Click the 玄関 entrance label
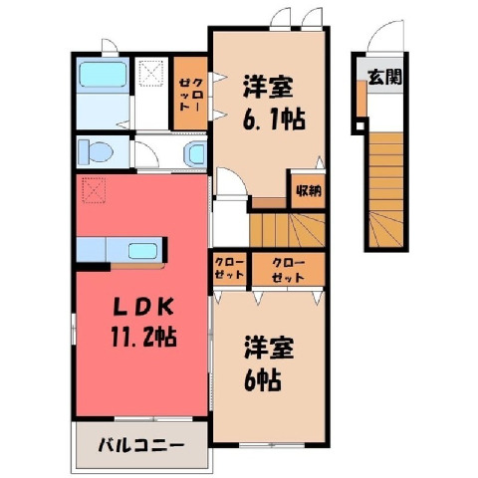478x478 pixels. tap(385, 77)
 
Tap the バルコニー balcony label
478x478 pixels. tap(140, 445)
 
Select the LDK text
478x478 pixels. tap(143, 308)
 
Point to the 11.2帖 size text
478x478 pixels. tap(143, 337)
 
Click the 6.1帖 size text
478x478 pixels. tap(274, 119)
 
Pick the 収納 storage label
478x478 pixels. tap(309, 191)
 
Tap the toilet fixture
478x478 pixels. tap(96, 152)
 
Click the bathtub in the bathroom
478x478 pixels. tap(103, 75)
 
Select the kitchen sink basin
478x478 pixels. tap(142, 251)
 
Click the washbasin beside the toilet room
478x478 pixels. tap(195, 153)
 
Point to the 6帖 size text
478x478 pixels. tap(262, 380)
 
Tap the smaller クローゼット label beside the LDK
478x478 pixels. tap(229, 269)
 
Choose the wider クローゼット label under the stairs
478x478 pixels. tap(288, 270)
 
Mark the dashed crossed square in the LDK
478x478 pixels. tap(94, 189)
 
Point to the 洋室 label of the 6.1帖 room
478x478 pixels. tap(269, 87)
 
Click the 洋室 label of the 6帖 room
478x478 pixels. tap(269, 348)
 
